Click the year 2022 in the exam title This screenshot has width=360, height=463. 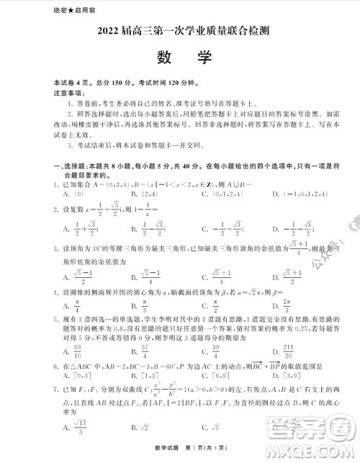tap(102, 32)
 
